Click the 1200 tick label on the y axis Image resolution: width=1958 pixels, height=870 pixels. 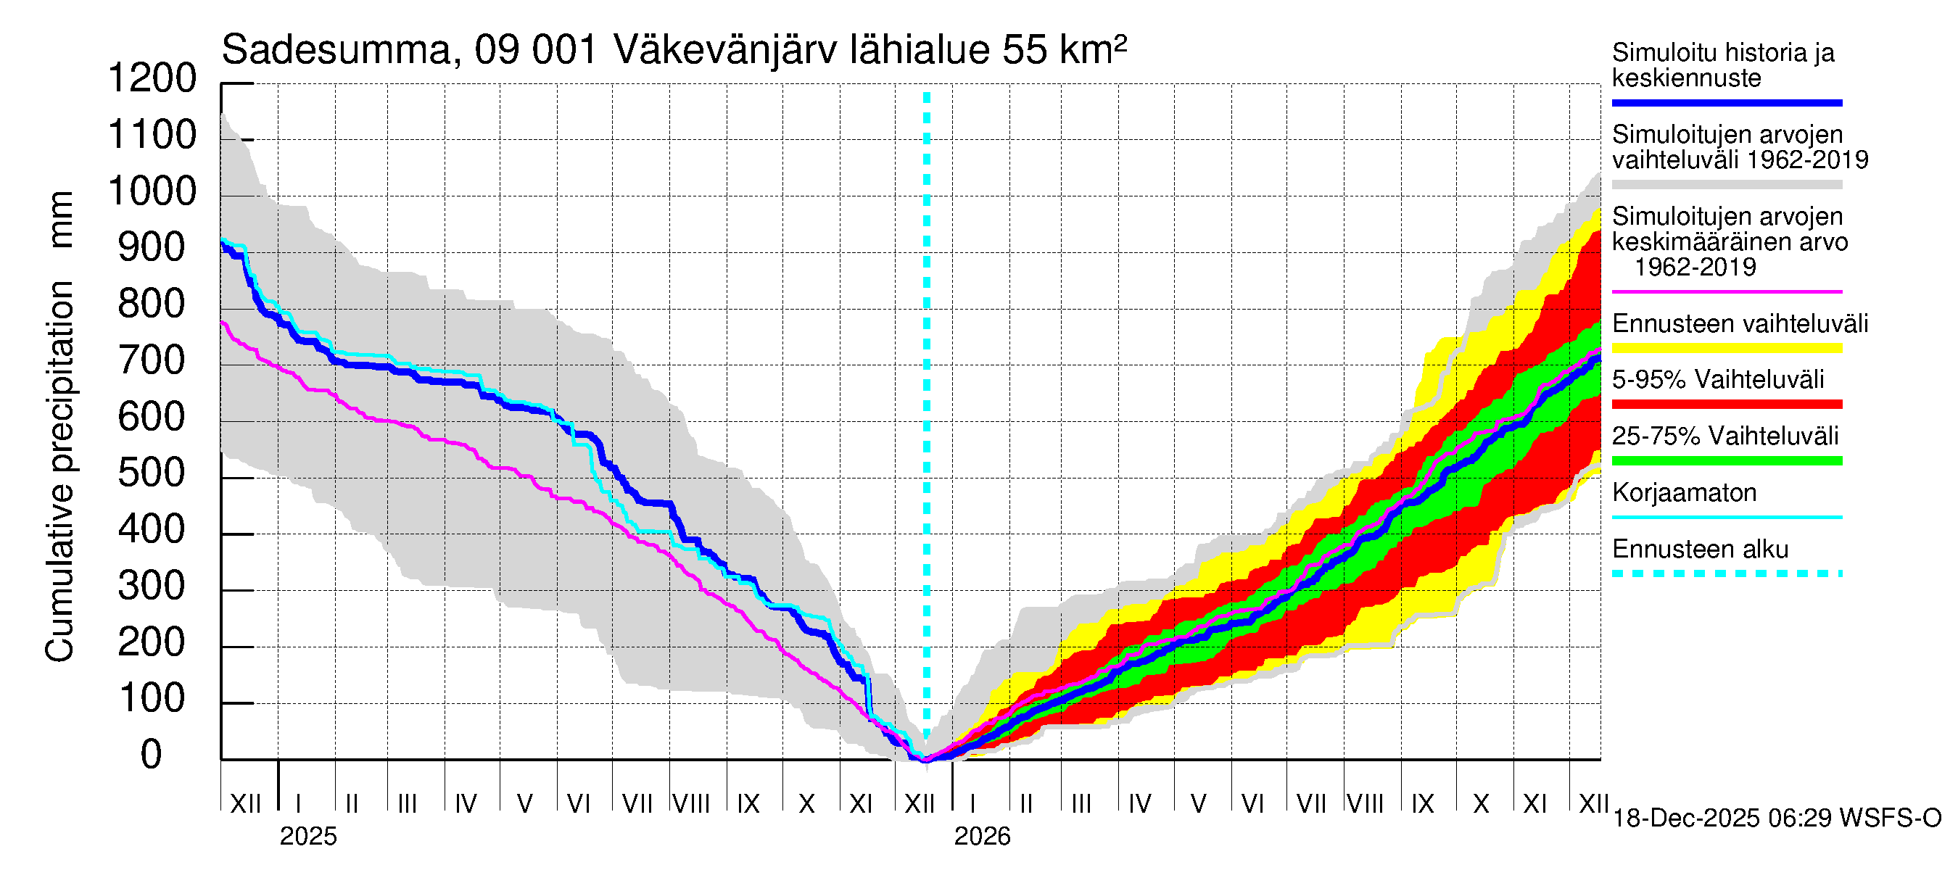tap(152, 78)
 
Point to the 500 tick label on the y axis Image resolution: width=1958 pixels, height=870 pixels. tap(152, 473)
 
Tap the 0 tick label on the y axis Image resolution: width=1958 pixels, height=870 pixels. tap(152, 755)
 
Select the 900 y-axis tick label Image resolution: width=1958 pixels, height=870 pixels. tap(152, 248)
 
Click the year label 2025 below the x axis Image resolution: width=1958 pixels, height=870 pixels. tap(307, 837)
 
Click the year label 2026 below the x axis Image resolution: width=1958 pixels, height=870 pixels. tap(982, 837)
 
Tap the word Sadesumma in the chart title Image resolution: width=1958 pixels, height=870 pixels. tap(335, 51)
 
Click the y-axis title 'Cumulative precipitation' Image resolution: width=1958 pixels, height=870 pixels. tap(59, 471)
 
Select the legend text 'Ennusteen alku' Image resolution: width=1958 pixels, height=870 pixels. tap(1701, 549)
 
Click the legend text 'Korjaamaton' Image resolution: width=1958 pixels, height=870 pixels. tap(1685, 492)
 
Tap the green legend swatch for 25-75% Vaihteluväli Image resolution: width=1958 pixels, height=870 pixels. tap(1727, 460)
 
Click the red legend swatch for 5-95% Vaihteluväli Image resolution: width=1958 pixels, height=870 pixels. tap(1727, 405)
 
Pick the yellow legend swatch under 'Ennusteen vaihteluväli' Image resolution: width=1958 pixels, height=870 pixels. tap(1727, 348)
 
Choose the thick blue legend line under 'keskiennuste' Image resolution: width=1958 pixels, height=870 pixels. tap(1727, 102)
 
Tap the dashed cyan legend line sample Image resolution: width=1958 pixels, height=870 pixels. tap(1727, 573)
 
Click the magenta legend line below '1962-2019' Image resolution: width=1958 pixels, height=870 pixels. tap(1727, 291)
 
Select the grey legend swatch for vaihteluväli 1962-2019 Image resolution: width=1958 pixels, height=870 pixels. tap(1727, 185)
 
